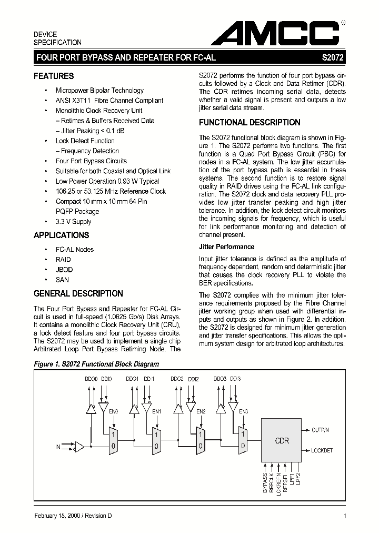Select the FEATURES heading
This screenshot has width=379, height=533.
pos(54,76)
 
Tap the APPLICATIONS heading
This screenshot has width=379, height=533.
pos(61,235)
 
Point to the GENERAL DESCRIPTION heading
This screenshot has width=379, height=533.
pos(78,294)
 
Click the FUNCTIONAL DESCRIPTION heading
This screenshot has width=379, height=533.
pos(250,123)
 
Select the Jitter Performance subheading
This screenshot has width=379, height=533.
pos(226,246)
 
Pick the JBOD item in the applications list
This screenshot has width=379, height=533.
pos(64,269)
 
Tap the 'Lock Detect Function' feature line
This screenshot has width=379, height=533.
pos(85,141)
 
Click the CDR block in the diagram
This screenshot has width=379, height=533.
pos(282,441)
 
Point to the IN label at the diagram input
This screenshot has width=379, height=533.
pos(58,447)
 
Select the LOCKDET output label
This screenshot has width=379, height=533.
pos(322,451)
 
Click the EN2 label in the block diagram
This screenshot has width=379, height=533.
pos(201,412)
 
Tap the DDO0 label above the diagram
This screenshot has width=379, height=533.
pos(91,379)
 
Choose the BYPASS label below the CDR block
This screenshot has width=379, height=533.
pos(265,482)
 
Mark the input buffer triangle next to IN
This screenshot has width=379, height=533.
pos(79,447)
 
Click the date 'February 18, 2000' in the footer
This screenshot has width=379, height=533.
pos(56,516)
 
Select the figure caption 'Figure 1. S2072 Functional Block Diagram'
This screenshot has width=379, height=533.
pos(96,364)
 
